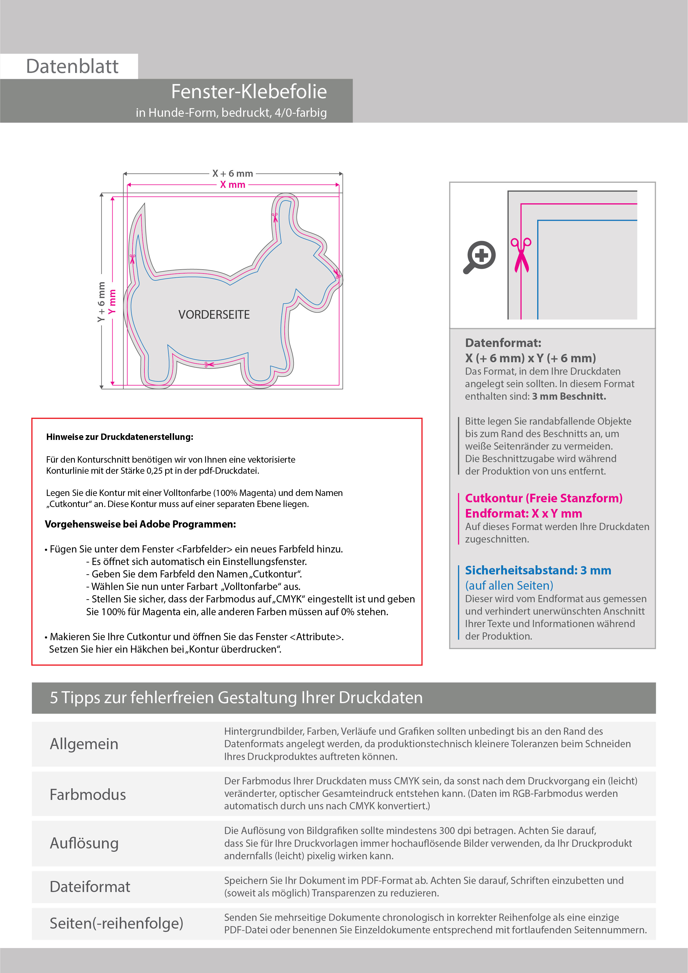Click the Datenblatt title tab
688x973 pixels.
pos(72,66)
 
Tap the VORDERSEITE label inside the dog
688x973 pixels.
pos(214,315)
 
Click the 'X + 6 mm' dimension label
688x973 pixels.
pos(233,173)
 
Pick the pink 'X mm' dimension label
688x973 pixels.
pos(233,185)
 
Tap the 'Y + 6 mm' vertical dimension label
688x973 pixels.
pos(101,302)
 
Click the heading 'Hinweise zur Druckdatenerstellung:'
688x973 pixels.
pos(119,437)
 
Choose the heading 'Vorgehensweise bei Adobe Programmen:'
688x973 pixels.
pos(140,524)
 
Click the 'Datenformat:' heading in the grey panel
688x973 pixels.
pos(503,343)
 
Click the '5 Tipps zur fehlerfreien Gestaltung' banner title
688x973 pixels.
pos(236,698)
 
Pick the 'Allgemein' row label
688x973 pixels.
pos(84,744)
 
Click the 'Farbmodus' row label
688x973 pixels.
pos(88,794)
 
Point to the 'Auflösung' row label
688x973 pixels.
pos(84,843)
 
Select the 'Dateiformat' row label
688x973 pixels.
pos(90,886)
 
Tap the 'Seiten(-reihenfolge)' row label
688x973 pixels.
pos(116,923)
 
